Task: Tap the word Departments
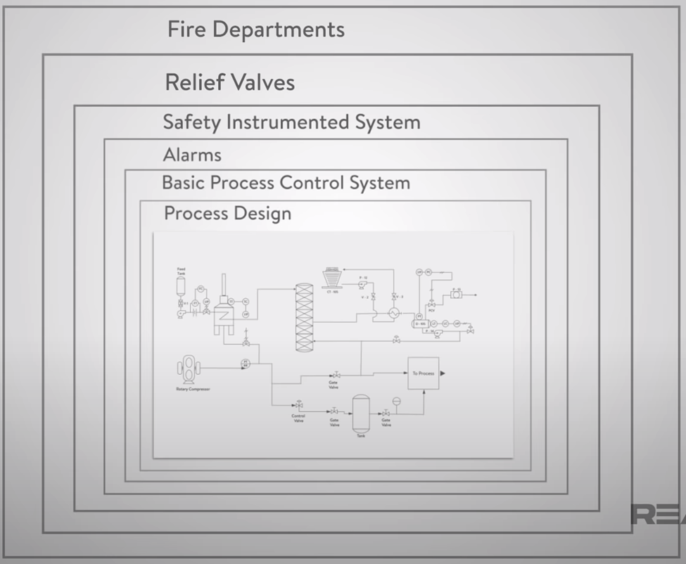pyautogui.click(x=279, y=30)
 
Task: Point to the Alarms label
pyautogui.click(x=192, y=155)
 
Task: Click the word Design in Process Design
pyautogui.click(x=262, y=213)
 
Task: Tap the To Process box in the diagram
pyautogui.click(x=424, y=373)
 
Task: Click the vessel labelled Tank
pyautogui.click(x=361, y=413)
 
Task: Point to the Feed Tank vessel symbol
pyautogui.click(x=181, y=285)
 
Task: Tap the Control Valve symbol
pyautogui.click(x=299, y=406)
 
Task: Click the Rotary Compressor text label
pyautogui.click(x=193, y=388)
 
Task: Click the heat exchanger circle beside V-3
pyautogui.click(x=394, y=312)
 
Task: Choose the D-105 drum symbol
pyautogui.click(x=421, y=324)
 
